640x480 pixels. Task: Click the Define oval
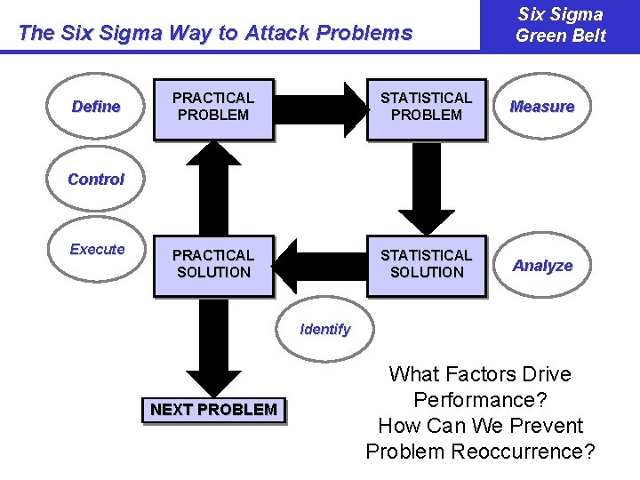[x=96, y=107]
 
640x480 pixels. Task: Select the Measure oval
[x=542, y=107]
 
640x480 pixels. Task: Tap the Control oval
[x=96, y=179]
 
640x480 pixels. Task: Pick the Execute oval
[x=97, y=249]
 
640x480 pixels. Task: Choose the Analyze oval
[x=542, y=265]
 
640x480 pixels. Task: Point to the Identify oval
[x=325, y=329]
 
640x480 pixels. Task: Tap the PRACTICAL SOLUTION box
[x=213, y=265]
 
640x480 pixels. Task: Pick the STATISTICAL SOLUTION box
[x=427, y=265]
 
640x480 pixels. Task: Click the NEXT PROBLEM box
[x=213, y=410]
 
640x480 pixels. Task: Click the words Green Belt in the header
[x=561, y=36]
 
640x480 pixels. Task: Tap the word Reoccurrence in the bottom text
[x=523, y=451]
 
